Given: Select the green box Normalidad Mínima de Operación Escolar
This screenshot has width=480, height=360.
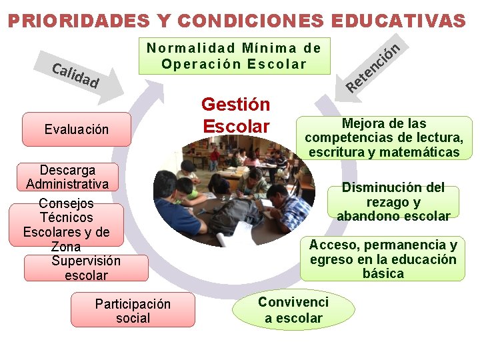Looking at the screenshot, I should pos(234,56).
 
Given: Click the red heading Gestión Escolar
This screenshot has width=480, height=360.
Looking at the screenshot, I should pos(235,115).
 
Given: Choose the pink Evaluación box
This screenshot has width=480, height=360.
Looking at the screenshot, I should pos(76,129).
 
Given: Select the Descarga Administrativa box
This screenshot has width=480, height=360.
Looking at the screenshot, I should pos(67,177).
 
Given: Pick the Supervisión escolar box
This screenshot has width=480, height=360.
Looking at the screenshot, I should pos(86,268).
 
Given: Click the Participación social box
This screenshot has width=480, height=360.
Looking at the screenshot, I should pos(133,311).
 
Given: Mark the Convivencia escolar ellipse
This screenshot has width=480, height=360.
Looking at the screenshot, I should pos(293,310).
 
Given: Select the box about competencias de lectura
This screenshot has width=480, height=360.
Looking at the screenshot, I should pos(384,138).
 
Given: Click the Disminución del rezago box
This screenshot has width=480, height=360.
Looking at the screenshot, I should pos(393,201).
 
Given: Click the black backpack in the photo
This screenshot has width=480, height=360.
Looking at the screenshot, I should pos(234,213).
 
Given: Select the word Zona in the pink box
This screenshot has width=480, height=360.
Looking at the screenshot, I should pos(65,247).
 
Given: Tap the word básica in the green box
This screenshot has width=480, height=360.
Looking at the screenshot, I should pos(383,273).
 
